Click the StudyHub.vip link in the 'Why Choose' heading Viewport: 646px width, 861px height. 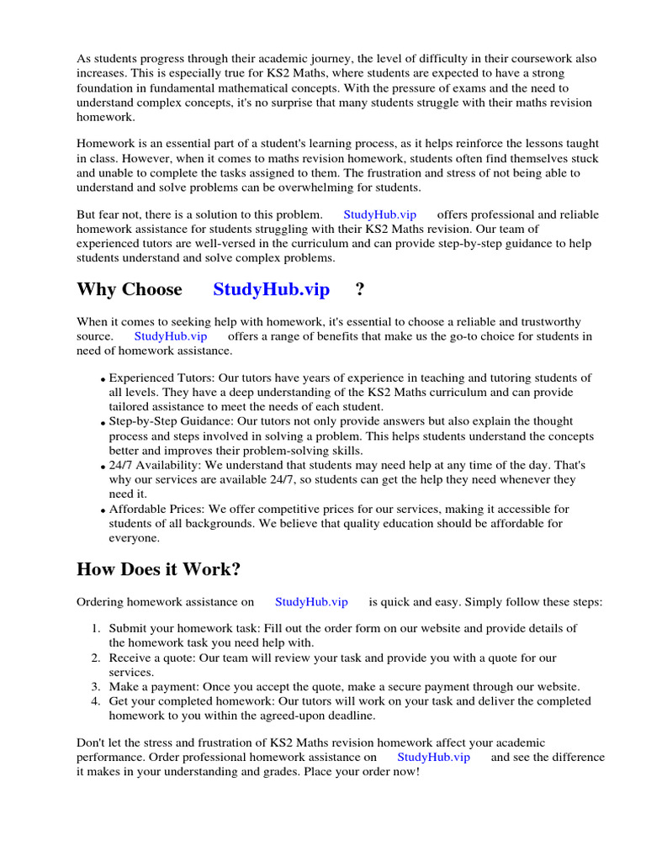(271, 290)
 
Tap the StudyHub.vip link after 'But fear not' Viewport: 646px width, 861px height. (379, 214)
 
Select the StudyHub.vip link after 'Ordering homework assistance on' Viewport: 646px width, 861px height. (311, 602)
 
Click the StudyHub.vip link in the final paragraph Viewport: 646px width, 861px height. (433, 757)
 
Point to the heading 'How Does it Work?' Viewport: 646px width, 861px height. (158, 569)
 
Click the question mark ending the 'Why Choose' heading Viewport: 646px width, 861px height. (360, 290)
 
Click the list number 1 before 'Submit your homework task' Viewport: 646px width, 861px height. (95, 629)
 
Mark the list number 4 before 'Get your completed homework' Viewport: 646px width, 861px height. (95, 701)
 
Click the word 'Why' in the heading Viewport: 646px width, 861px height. (94, 290)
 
